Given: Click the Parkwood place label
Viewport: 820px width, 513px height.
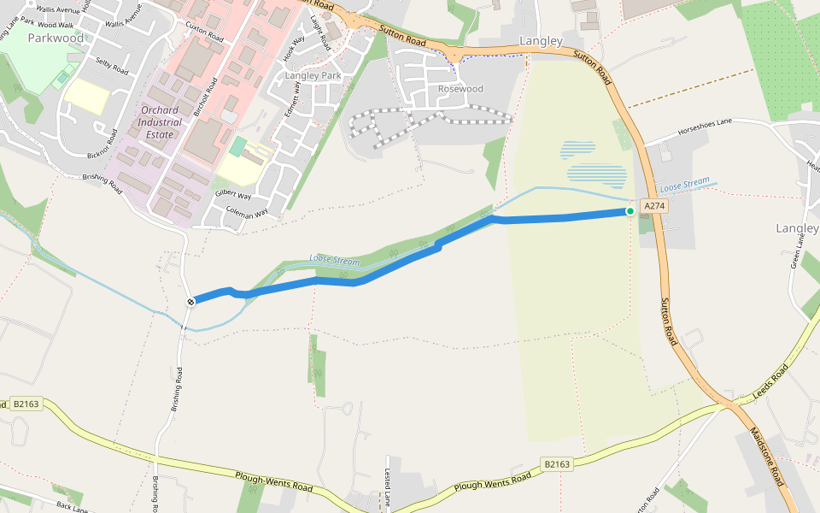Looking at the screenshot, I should (56, 38).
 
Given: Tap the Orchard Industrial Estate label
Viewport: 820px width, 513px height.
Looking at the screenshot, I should (160, 122).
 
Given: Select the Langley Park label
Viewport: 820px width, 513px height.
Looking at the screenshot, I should (313, 76).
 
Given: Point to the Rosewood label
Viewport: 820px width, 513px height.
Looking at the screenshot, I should (460, 89).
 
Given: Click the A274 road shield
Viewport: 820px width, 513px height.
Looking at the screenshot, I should (653, 206).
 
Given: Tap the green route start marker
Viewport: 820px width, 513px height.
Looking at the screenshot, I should (630, 211).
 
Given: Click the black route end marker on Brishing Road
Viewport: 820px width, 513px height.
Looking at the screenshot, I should (190, 301).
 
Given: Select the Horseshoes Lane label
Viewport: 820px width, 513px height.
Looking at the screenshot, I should (705, 127).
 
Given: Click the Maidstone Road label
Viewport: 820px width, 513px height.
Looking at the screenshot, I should (766, 457).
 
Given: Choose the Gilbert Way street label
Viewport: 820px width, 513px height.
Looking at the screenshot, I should (233, 196).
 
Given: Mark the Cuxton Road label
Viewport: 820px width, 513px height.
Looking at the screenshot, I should (204, 33).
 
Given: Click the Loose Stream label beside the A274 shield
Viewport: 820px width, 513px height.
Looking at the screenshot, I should (685, 185).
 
